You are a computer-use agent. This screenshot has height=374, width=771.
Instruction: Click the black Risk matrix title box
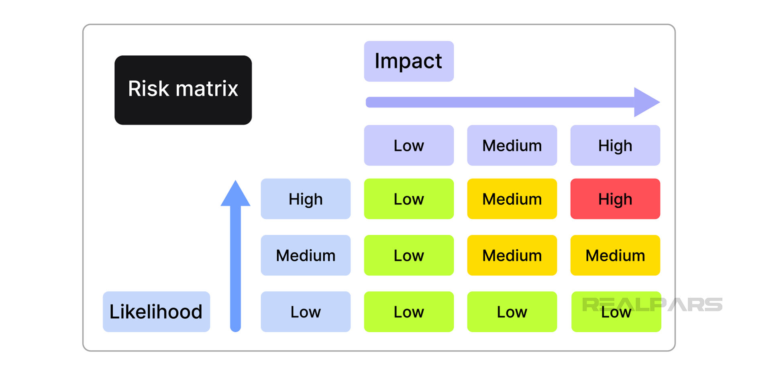pos(183,90)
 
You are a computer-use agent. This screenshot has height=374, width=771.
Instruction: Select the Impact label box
pos(409,61)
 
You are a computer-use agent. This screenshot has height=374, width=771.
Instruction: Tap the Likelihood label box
pos(156,311)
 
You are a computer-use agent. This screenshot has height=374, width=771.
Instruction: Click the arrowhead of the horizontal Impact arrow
pos(645,102)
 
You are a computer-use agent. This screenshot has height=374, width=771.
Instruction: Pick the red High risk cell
pos(615,199)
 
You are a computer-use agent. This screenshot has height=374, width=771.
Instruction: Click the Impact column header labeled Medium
pos(512,145)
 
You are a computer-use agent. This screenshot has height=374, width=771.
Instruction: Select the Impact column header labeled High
pos(615,145)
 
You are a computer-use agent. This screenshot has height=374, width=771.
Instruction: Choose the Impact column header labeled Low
pos(409,145)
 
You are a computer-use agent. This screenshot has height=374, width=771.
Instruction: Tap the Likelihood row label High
pos(306,199)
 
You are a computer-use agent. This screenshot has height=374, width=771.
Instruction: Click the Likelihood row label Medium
pos(306,255)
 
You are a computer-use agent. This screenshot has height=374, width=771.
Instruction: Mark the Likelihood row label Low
pos(306,311)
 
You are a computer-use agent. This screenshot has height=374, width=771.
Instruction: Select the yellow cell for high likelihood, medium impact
pos(512,199)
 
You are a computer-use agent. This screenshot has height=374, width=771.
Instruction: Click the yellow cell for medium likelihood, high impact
pos(615,255)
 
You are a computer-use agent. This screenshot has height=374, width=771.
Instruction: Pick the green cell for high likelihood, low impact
pos(409,199)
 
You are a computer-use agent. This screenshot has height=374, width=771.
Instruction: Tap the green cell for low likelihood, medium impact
pos(512,311)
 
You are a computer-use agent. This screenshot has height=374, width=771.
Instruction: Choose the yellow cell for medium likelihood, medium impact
pos(512,255)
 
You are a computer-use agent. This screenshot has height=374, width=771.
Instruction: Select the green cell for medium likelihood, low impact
pos(409,255)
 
